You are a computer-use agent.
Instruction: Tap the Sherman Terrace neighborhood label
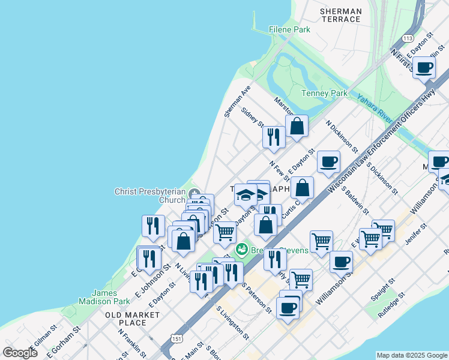pyautogui.click(x=341, y=15)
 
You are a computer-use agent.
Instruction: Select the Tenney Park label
pyautogui.click(x=324, y=94)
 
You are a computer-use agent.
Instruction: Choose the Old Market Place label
pyautogui.click(x=133, y=319)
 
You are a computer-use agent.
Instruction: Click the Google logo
pyautogui.click(x=20, y=352)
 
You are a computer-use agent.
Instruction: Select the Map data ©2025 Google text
pyautogui.click(x=412, y=355)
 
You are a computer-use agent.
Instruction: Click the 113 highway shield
pyautogui.click(x=408, y=38)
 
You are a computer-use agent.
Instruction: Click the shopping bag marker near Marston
pyautogui.click(x=297, y=127)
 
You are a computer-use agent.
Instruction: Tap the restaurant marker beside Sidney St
pyautogui.click(x=273, y=137)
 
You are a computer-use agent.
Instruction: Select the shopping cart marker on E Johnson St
pyautogui.click(x=225, y=232)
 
